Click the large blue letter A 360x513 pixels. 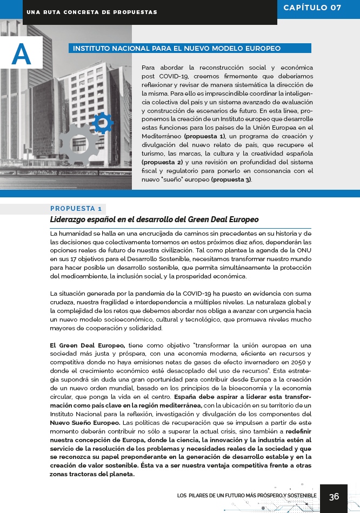[x=21, y=54]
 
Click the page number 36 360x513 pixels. [x=334, y=497]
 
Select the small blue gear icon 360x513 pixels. [x=103, y=123]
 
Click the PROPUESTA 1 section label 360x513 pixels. [x=76, y=209]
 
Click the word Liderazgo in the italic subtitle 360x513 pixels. [x=72, y=219]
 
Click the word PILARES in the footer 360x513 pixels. [x=201, y=496]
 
